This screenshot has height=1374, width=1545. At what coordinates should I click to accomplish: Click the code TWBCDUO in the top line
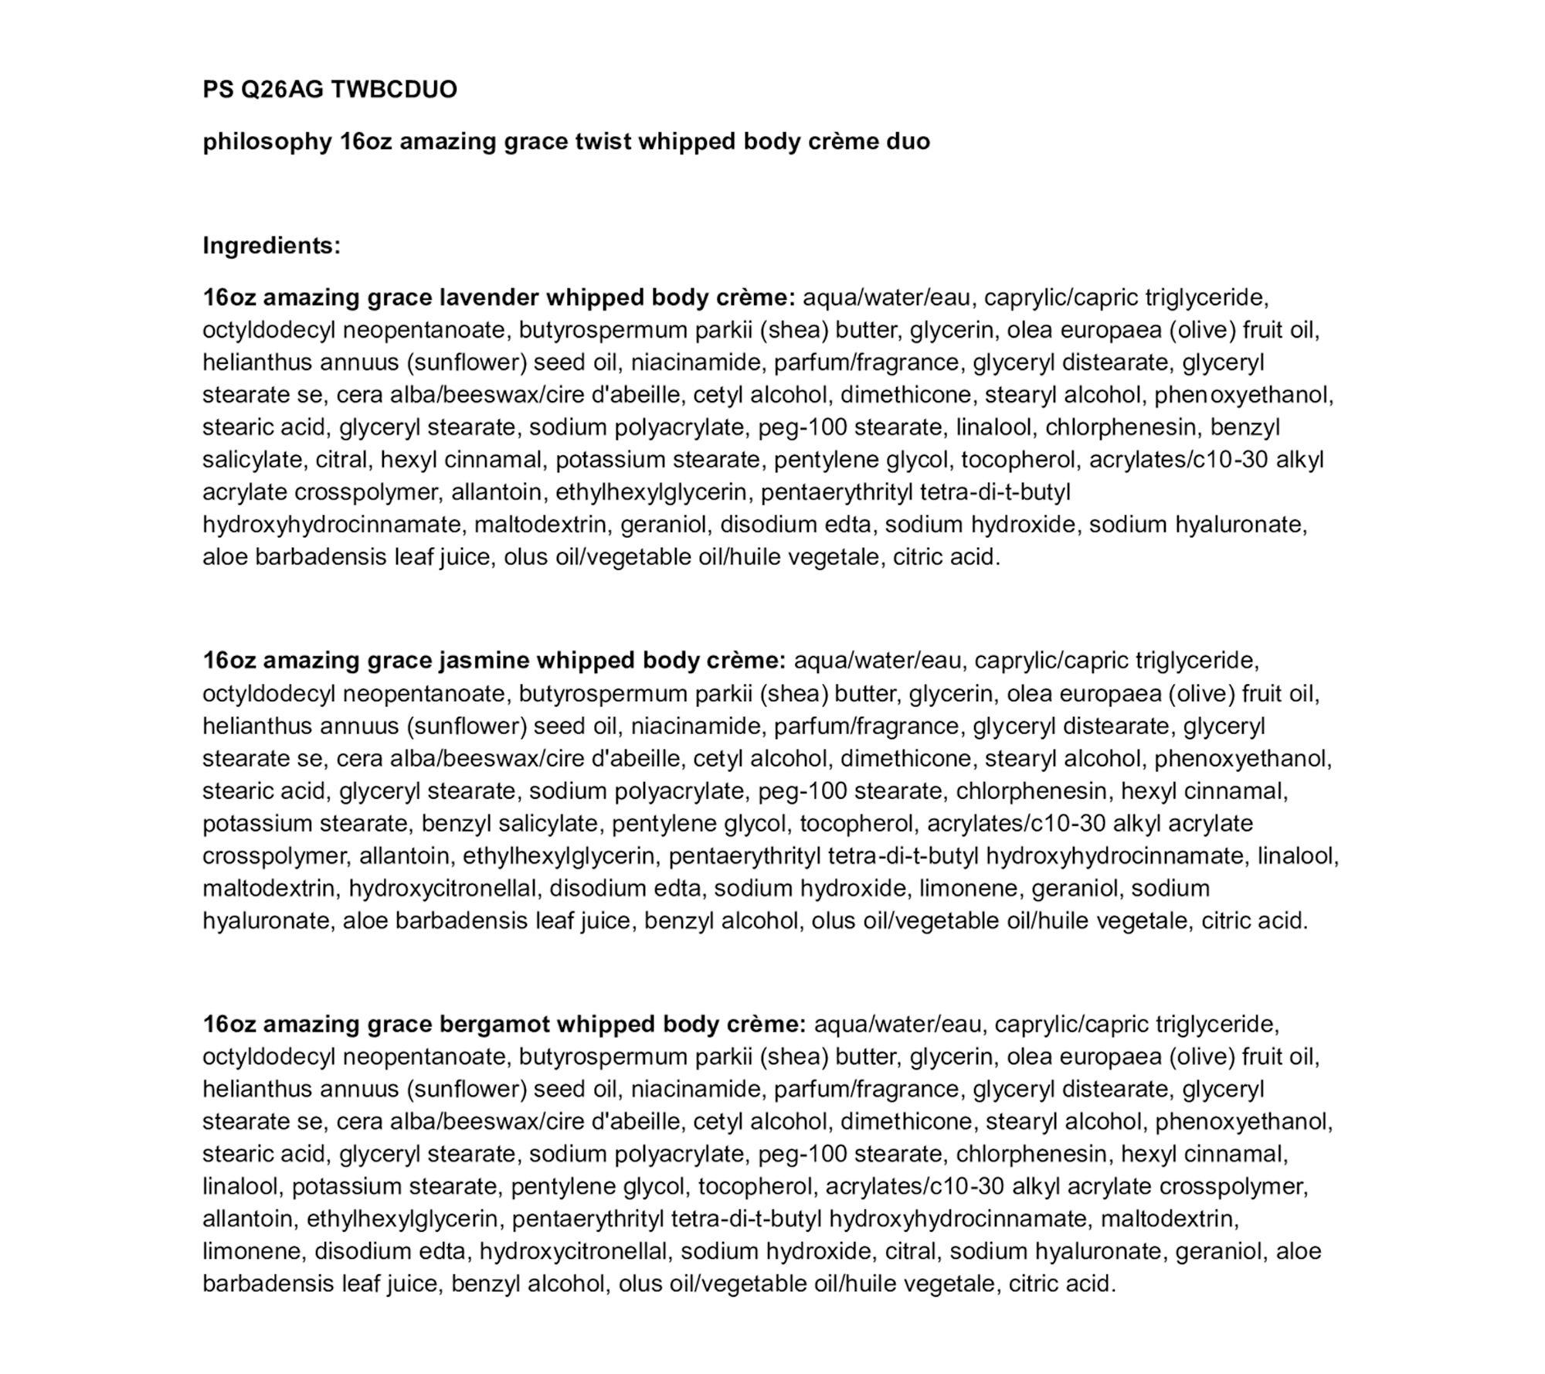pos(394,90)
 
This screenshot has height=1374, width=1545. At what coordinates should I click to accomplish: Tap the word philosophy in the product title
pos(267,142)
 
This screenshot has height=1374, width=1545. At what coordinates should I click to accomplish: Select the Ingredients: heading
pos(271,246)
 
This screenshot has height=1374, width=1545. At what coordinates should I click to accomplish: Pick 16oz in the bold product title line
pos(365,142)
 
